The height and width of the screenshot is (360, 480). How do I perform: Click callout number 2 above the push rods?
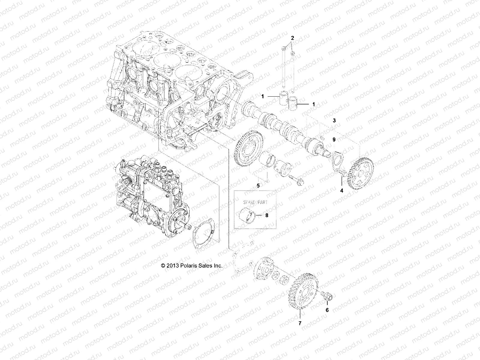(292, 38)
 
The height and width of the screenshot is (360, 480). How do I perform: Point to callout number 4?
(341, 190)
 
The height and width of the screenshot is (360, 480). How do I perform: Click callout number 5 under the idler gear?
(258, 186)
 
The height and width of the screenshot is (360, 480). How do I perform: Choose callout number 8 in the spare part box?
(267, 215)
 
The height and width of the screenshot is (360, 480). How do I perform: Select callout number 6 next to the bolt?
(327, 310)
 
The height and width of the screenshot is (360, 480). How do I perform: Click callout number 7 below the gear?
(300, 323)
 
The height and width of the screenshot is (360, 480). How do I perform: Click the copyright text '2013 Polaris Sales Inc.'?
(192, 265)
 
